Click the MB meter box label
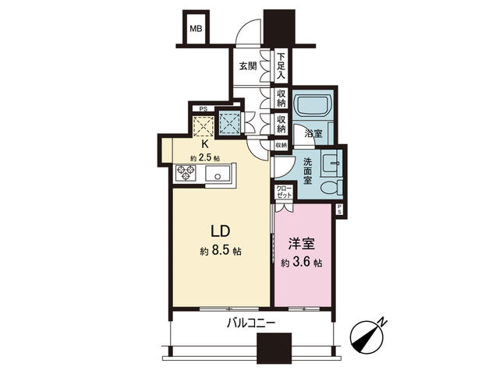196,29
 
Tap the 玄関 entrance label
248,66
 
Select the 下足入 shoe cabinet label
281,66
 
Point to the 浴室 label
313,133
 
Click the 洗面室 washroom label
307,171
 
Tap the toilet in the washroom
331,187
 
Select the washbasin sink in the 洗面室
331,163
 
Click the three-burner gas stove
186,174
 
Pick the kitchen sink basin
218,174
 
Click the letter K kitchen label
205,144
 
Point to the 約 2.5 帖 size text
205,157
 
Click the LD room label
221,231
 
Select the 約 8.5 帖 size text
221,251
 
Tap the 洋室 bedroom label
302,244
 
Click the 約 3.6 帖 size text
302,263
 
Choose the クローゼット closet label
284,192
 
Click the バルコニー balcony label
251,324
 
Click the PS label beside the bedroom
339,209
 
